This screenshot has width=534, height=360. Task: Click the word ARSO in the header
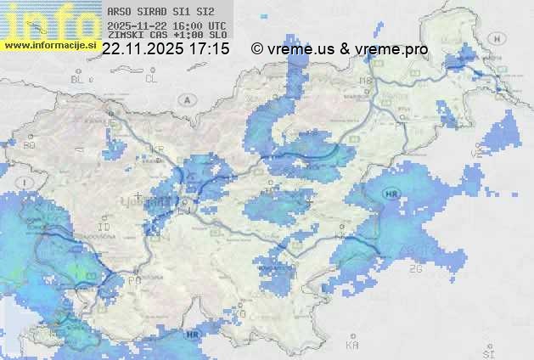tap(118, 13)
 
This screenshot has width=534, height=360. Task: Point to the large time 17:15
tap(210, 49)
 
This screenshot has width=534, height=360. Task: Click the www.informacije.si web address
tap(50, 44)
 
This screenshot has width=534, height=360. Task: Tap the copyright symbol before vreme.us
tap(257, 49)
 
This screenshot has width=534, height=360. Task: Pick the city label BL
tap(78, 79)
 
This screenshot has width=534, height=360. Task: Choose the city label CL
tap(151, 79)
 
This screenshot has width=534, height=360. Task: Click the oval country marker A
tap(186, 99)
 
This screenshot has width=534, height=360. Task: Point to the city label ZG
tap(415, 269)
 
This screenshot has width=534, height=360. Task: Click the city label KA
tap(352, 346)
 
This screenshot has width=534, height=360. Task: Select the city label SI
tap(487, 352)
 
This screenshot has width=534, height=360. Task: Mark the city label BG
tap(30, 145)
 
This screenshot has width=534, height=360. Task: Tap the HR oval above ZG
tap(391, 195)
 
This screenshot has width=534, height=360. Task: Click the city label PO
tap(134, 279)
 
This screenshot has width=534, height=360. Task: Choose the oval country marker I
tap(26, 183)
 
